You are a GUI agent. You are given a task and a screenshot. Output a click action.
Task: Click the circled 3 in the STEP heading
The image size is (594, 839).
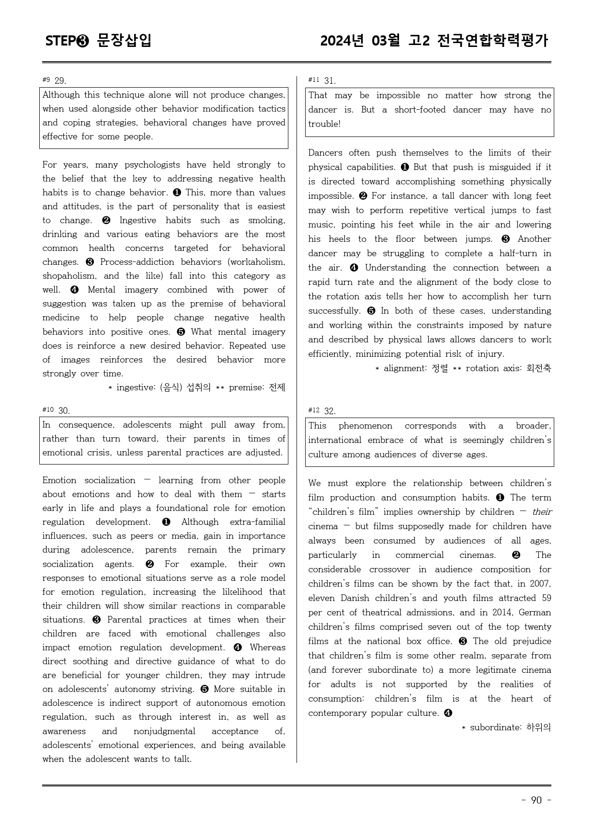tap(82, 41)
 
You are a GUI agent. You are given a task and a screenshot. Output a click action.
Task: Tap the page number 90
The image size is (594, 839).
tap(536, 800)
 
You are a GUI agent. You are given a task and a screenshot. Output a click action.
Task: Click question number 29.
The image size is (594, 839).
tap(60, 80)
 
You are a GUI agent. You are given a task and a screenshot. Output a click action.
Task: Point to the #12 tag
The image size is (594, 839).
tap(314, 410)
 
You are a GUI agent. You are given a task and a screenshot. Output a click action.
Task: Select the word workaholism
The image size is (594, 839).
tap(258, 262)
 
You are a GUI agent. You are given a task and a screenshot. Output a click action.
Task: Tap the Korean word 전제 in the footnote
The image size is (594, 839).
tap(277, 387)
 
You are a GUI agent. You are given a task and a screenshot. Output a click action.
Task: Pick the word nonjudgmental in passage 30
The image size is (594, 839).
tap(164, 731)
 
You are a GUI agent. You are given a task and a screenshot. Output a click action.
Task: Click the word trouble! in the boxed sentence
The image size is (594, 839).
tap(324, 124)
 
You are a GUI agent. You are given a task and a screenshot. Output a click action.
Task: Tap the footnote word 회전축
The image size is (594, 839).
tap(538, 368)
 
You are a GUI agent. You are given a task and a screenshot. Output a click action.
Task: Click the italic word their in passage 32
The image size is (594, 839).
tap(542, 512)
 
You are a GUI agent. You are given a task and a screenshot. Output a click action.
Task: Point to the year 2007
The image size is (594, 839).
tap(539, 584)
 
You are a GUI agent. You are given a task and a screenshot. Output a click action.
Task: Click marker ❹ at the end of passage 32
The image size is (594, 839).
tap(448, 713)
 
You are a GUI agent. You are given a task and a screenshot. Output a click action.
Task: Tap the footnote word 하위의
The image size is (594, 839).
tap(538, 727)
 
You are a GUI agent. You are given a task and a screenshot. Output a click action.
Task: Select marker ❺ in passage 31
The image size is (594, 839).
tap(371, 311)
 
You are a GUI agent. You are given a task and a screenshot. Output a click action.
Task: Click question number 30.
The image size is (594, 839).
tap(64, 410)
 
